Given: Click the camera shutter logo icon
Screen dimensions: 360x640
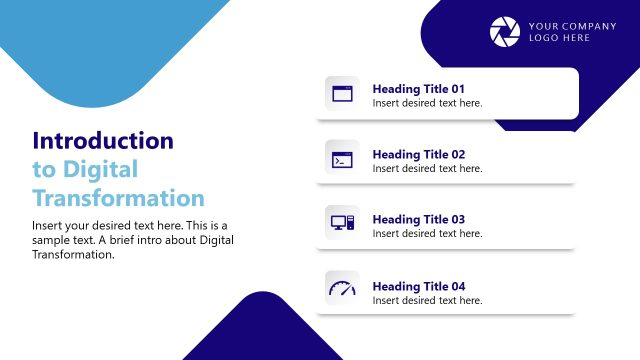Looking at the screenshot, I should [x=505, y=32].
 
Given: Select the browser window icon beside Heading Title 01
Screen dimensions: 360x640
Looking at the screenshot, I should [x=342, y=94].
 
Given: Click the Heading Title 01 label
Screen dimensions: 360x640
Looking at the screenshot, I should [x=419, y=88].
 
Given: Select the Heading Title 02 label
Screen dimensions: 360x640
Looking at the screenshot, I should [x=419, y=154].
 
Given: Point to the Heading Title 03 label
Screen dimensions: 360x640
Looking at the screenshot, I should [x=419, y=219].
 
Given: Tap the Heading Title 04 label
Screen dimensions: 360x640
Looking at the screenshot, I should [x=419, y=285].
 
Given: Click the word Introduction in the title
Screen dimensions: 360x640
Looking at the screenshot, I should [x=103, y=141].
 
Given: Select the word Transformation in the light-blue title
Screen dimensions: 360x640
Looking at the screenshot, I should [x=118, y=197].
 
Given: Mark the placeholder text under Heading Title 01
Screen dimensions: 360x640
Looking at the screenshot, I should [x=427, y=103].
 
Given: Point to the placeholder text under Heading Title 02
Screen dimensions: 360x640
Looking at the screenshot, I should [x=427, y=169].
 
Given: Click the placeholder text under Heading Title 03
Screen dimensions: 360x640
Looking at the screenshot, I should [x=427, y=234].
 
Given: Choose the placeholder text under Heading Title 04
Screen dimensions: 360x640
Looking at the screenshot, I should [x=427, y=300].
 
